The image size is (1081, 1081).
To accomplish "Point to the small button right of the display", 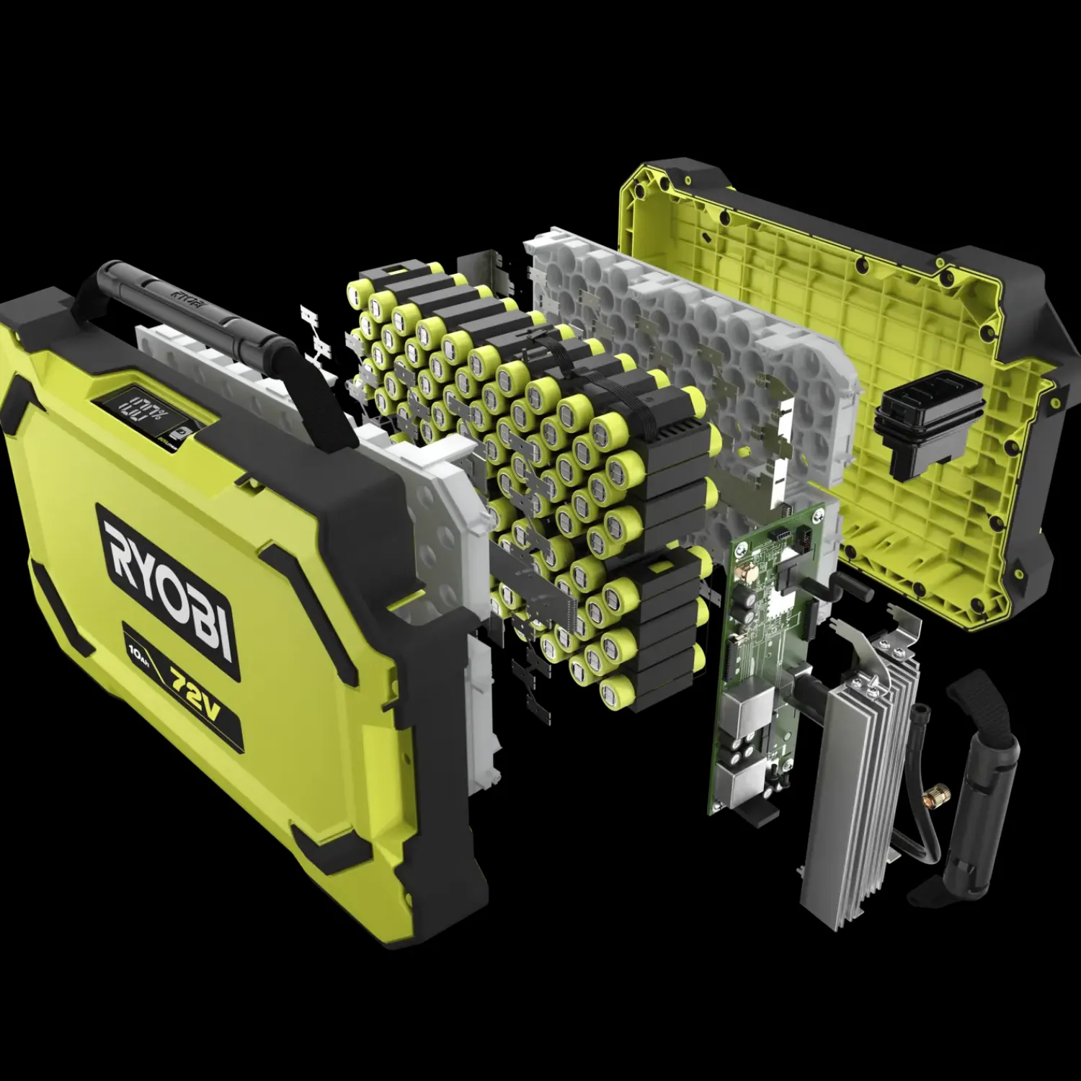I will coord(183,430).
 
